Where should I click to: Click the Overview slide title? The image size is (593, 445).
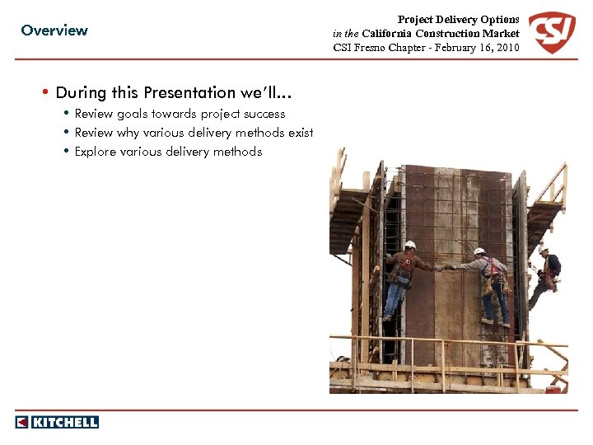(54, 30)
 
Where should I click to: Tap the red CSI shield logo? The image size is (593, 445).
(551, 33)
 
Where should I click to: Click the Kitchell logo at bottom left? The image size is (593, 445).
(57, 422)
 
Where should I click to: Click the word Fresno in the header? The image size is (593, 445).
(371, 48)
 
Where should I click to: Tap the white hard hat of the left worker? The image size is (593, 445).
(409, 245)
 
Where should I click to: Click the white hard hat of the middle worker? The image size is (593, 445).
(479, 251)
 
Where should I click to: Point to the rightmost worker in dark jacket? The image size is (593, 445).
(548, 272)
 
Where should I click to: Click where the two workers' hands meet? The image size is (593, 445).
(446, 267)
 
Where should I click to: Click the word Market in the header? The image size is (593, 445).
(502, 34)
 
